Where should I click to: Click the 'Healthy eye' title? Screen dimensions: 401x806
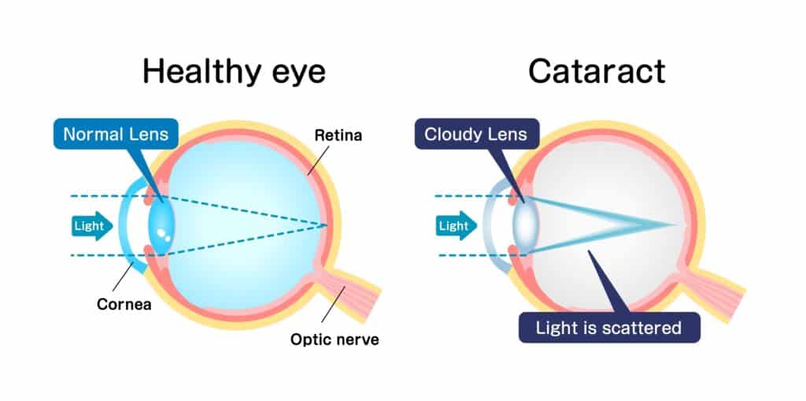(234, 72)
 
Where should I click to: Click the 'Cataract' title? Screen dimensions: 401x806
(597, 72)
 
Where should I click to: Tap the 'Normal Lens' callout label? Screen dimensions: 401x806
(116, 134)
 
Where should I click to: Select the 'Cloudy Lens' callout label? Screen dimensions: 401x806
(475, 134)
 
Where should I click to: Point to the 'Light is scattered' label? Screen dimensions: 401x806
(608, 327)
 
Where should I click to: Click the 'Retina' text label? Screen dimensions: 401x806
(338, 136)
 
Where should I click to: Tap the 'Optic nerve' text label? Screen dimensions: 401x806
(335, 340)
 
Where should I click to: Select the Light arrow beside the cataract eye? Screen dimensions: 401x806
(455, 226)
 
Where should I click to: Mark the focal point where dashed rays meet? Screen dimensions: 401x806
(325, 226)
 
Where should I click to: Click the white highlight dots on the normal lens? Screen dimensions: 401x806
(164, 234)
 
